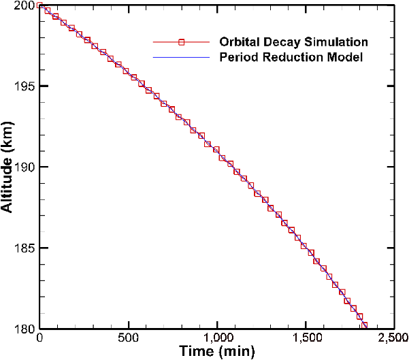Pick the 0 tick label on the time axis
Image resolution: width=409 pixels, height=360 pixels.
click(x=40, y=338)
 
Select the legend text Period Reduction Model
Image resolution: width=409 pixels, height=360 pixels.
click(x=291, y=57)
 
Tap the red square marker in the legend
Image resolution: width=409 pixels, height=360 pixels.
click(x=182, y=42)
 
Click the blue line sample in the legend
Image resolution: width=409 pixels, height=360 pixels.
click(x=182, y=58)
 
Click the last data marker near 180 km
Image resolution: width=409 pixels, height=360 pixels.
click(x=365, y=325)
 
